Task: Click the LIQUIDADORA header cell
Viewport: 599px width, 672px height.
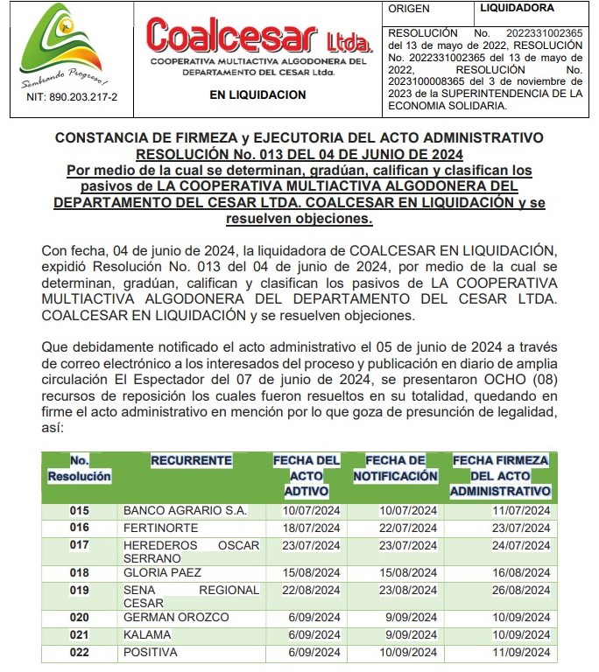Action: click(518, 8)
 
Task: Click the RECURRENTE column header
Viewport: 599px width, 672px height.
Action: click(191, 460)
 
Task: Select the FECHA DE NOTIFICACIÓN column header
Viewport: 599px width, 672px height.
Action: click(395, 468)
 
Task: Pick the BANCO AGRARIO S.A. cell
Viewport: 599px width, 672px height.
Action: click(185, 510)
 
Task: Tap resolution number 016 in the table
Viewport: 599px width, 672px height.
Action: click(80, 527)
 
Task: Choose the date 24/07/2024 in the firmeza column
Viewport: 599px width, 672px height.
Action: click(520, 545)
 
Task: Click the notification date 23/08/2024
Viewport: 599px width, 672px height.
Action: click(407, 590)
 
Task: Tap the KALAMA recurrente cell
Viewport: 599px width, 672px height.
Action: click(147, 634)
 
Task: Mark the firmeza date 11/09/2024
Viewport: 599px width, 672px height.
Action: click(520, 653)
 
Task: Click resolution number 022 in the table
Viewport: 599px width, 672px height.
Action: click(80, 653)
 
